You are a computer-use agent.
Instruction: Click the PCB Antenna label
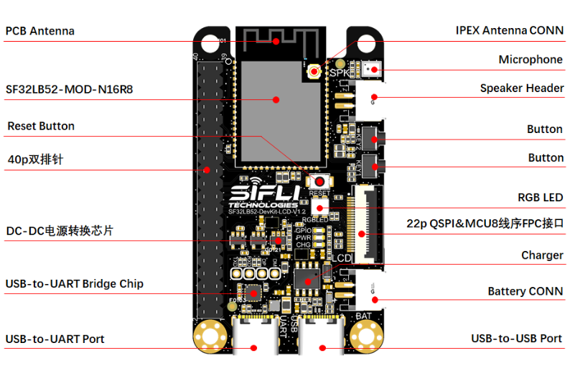(40, 32)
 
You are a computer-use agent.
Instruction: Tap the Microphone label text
(530, 60)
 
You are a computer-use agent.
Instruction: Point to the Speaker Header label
(522, 88)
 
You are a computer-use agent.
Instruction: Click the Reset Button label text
(41, 127)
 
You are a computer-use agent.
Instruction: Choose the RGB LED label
(541, 197)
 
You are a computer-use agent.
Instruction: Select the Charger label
(542, 255)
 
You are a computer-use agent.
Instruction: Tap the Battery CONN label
(525, 291)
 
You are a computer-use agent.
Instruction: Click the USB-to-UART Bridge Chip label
(75, 284)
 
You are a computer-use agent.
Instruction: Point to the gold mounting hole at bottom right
(368, 334)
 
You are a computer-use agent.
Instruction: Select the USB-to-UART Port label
(55, 339)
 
